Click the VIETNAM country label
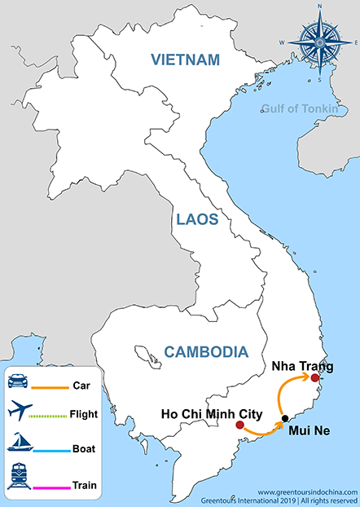tap(186, 60)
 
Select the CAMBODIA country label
tap(205, 352)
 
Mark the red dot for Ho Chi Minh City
tap(239, 425)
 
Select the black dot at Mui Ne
tap(284, 419)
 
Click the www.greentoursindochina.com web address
tap(307, 492)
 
